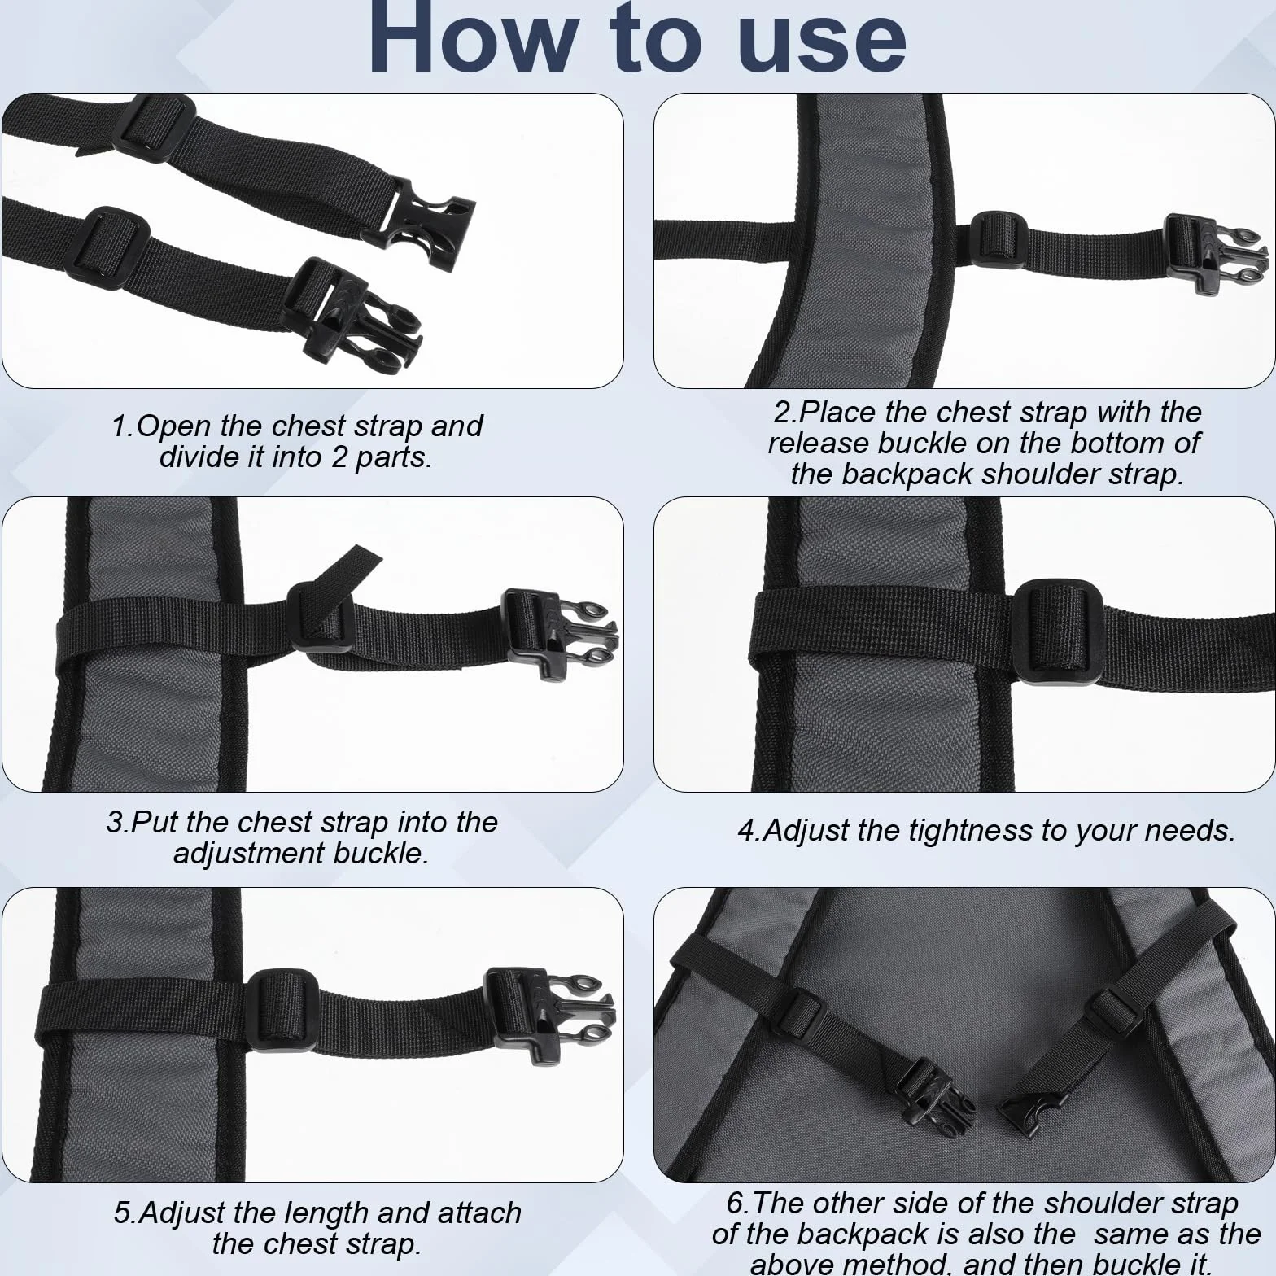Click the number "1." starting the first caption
pos(123,426)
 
